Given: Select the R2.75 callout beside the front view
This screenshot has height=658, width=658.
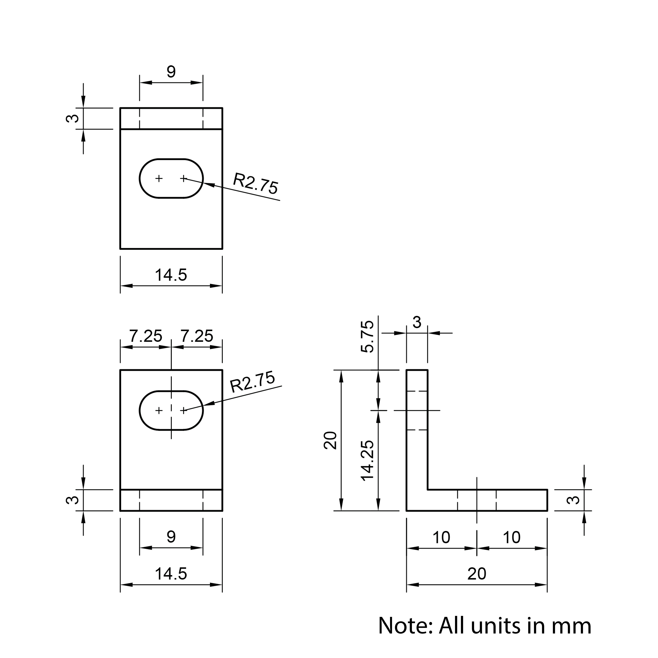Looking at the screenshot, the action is coord(252,382).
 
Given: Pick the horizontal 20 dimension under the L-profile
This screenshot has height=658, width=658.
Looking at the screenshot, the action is coord(476,574).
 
